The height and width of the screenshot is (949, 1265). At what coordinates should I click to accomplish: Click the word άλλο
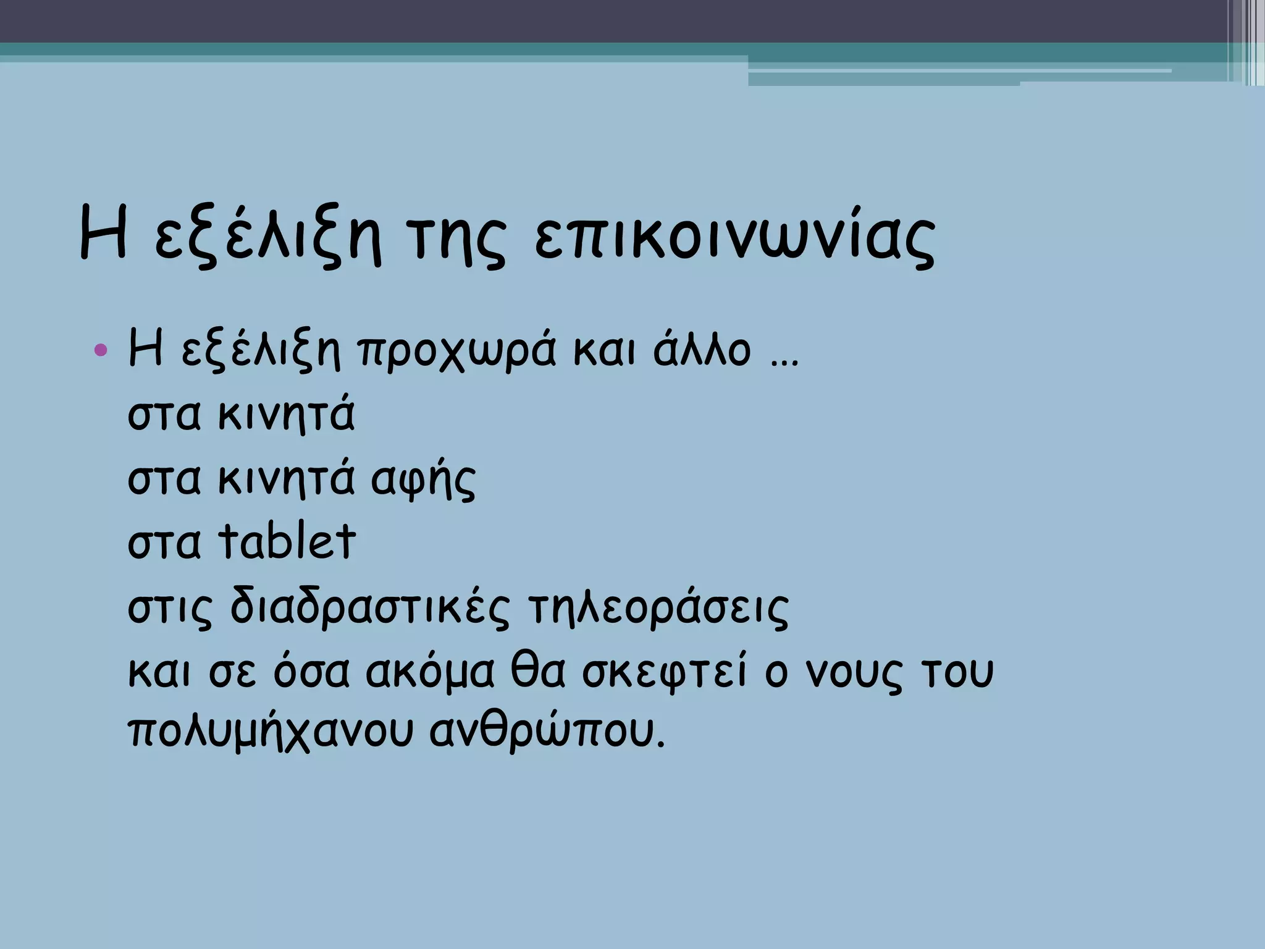point(702,349)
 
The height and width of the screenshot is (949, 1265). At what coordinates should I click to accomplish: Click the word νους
point(852,673)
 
